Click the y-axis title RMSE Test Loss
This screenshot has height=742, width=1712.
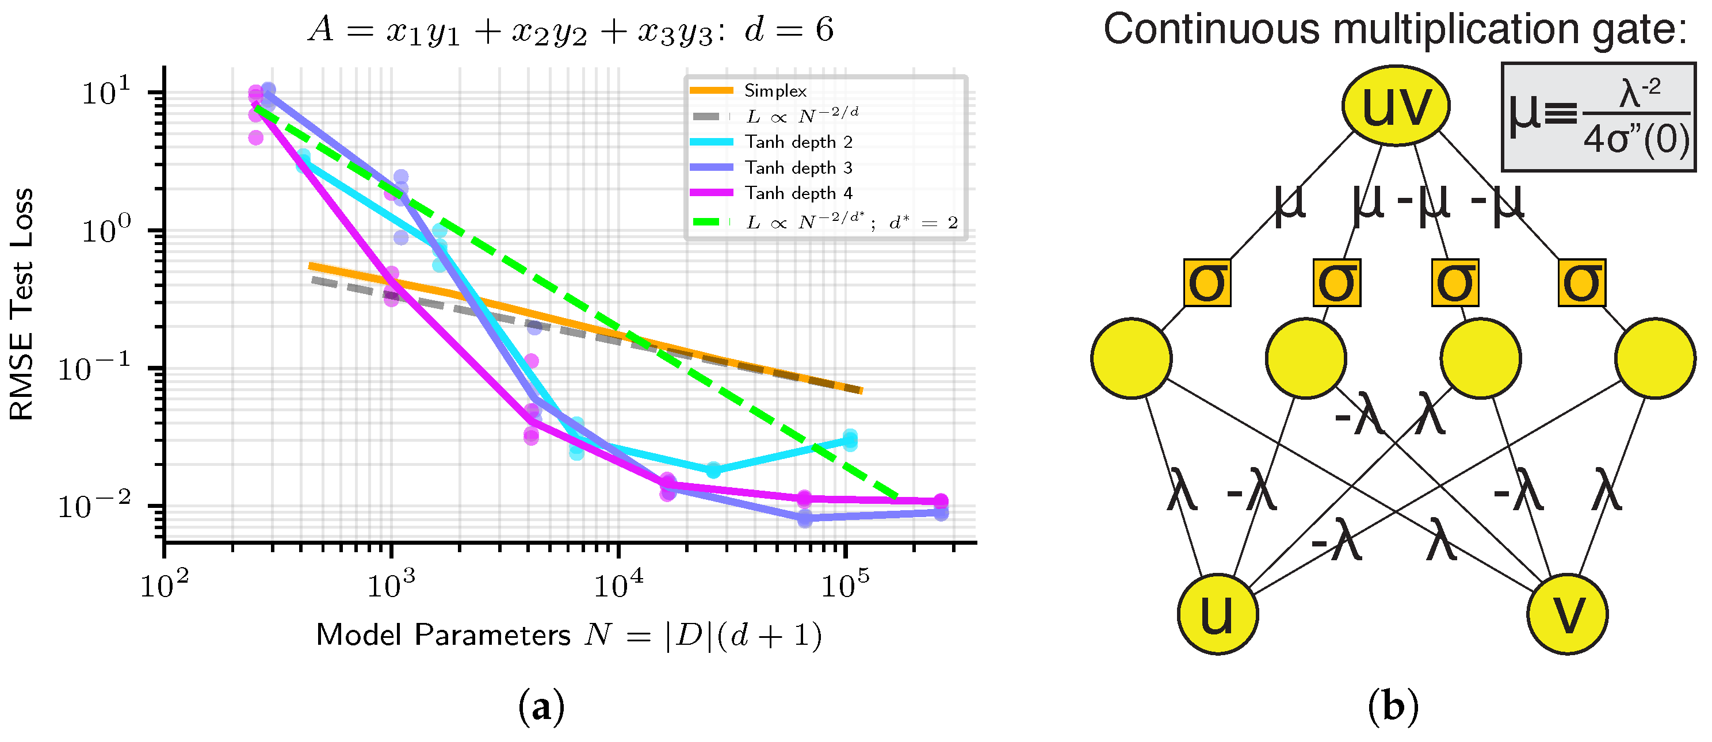coord(22,304)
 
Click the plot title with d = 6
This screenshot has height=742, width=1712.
coord(570,30)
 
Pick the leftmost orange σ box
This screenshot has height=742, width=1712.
coord(1207,283)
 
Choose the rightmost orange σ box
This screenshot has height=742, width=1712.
coord(1582,283)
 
